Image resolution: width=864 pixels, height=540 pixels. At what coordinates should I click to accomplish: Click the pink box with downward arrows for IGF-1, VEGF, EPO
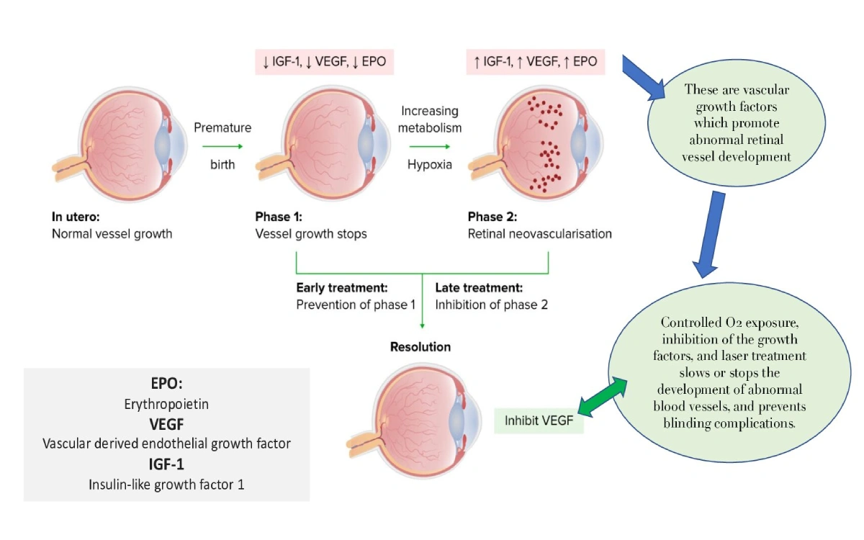(324, 61)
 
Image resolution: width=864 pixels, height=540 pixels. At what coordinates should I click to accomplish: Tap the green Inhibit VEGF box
(539, 420)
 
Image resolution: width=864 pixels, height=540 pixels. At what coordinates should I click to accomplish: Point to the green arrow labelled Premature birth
(222, 146)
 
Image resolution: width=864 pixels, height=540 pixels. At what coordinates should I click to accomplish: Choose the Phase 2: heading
(492, 216)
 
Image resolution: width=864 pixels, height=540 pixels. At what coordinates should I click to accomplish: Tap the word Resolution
(420, 346)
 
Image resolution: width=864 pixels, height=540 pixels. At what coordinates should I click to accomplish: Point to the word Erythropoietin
(166, 404)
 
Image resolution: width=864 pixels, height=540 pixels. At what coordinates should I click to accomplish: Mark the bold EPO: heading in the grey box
(166, 384)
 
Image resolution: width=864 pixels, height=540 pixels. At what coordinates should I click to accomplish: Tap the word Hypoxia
(430, 164)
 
